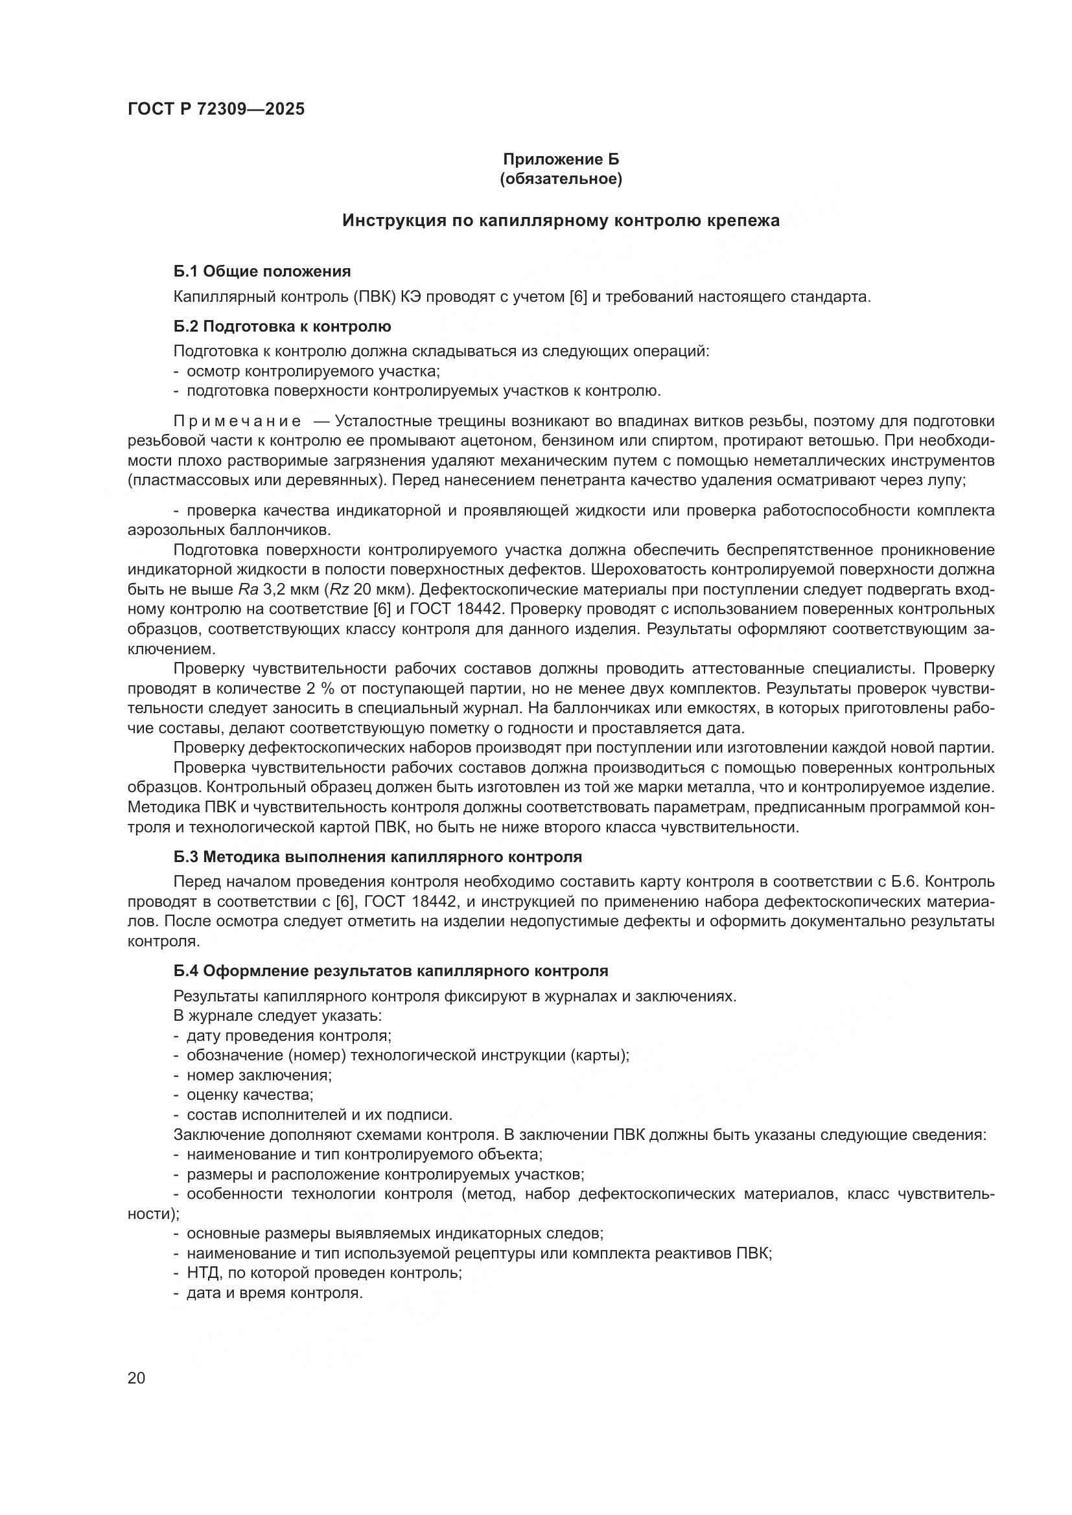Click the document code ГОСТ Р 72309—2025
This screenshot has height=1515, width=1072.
tap(216, 109)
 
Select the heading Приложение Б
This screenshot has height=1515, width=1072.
tap(561, 159)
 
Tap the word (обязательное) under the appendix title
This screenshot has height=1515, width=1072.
tap(561, 179)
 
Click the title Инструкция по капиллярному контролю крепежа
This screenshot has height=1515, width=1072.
tap(561, 220)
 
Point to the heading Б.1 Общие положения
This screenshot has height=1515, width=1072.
tap(262, 271)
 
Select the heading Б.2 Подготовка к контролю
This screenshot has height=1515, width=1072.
tap(282, 326)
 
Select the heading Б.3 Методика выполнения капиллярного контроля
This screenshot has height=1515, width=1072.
tap(378, 857)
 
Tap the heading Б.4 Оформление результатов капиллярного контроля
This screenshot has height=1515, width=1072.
tap(391, 971)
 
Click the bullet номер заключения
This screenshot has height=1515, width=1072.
tap(259, 1076)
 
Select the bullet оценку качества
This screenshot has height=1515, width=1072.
tap(250, 1095)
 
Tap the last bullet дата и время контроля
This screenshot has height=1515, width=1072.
tap(275, 1293)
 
